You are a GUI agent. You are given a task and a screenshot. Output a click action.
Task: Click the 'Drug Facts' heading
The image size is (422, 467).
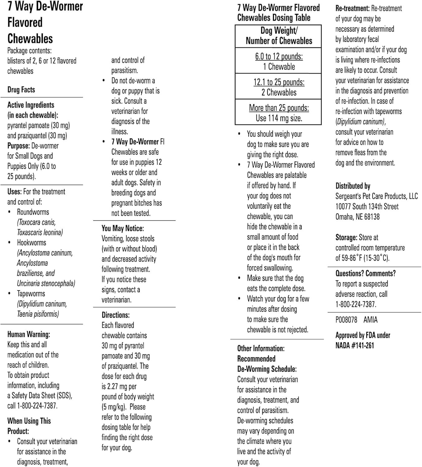point(21,90)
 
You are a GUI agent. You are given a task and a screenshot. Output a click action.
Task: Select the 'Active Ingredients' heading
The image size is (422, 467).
point(31,105)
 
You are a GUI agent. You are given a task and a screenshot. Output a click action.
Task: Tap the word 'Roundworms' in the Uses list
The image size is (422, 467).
point(33,212)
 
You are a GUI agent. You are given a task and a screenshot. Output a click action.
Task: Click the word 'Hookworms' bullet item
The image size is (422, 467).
point(31,243)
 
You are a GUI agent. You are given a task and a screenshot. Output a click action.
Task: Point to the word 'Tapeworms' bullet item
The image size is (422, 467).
point(31,294)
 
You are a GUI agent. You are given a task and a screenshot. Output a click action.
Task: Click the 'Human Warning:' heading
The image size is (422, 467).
point(29,334)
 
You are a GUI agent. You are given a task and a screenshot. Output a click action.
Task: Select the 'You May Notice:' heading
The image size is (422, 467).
point(122,228)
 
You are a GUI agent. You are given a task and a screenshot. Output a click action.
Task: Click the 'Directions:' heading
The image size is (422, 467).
point(116,315)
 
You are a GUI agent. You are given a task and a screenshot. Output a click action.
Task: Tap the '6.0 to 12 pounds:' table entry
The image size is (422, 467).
point(279,56)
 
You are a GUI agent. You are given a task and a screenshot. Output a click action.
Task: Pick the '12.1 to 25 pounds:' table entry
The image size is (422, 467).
point(279,82)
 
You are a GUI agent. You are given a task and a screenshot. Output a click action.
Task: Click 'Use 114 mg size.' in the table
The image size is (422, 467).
point(279,118)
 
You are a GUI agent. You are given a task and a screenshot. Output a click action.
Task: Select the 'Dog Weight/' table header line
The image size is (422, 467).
point(279,31)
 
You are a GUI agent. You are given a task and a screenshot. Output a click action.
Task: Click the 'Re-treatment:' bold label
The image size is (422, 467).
point(352,8)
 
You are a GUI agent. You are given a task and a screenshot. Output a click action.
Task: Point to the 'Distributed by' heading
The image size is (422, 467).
point(353,186)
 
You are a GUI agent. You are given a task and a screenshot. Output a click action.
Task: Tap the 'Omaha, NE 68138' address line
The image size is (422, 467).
point(357,217)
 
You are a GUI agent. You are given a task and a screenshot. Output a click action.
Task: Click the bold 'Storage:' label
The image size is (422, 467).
point(346,238)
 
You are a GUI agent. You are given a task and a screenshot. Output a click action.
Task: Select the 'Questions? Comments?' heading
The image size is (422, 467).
point(365,273)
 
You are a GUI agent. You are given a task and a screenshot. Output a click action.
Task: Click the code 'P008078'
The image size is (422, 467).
point(346,320)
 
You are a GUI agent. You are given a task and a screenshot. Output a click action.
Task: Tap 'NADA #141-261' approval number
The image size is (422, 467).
point(354,345)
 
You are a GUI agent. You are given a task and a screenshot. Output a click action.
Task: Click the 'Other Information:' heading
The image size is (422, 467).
point(261,348)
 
